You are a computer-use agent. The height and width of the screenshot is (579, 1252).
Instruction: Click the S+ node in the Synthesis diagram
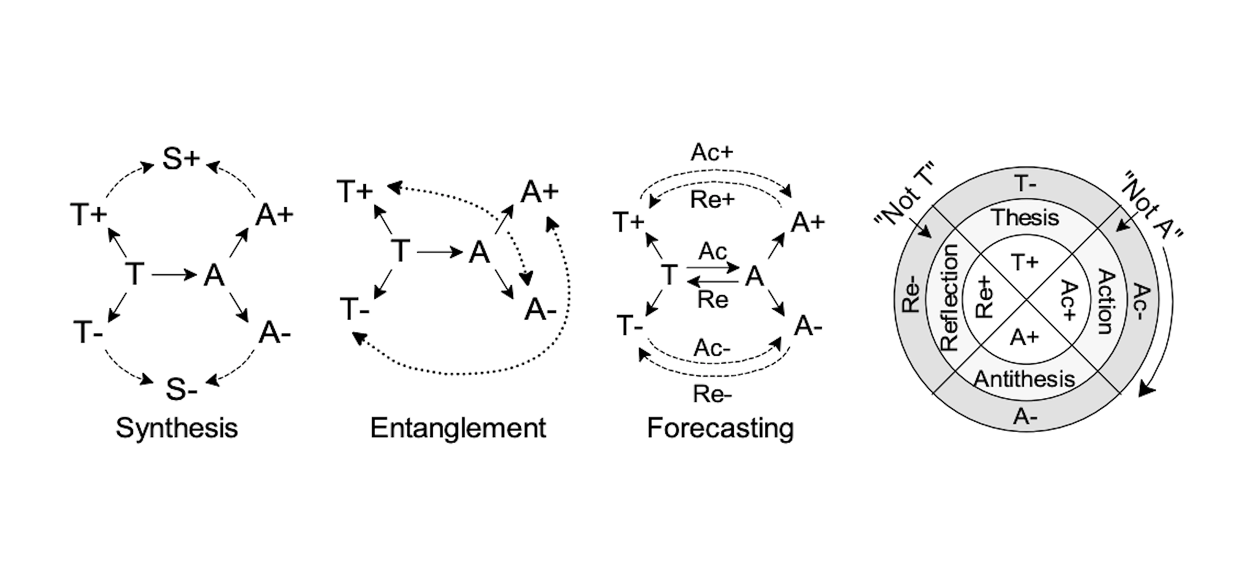tap(181, 159)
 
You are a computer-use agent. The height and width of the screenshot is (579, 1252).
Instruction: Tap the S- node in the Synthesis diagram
tap(181, 389)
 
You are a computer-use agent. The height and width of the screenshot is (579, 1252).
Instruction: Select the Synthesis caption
tap(177, 428)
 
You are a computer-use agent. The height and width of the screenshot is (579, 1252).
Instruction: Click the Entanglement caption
tap(458, 428)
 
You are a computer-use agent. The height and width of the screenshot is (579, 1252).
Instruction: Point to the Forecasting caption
tap(720, 428)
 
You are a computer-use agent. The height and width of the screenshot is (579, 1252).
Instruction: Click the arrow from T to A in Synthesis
tap(174, 275)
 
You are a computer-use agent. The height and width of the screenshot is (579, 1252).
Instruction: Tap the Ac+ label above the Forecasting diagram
tap(712, 152)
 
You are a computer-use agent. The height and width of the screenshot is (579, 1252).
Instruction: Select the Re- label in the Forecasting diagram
tap(712, 394)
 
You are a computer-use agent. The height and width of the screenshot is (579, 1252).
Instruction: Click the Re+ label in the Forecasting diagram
tap(712, 200)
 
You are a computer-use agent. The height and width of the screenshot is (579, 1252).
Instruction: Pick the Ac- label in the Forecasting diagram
tap(712, 348)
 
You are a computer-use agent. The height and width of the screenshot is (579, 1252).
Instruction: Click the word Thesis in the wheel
tap(1026, 217)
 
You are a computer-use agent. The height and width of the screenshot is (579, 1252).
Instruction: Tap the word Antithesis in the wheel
tap(1024, 379)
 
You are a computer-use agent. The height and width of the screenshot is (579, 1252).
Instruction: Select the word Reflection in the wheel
tap(948, 297)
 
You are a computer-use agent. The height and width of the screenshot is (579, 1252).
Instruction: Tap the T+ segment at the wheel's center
tap(1025, 263)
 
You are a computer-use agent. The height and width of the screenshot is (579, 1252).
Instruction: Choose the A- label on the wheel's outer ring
tap(1025, 417)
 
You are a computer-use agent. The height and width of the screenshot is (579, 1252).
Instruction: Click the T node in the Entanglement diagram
tap(400, 251)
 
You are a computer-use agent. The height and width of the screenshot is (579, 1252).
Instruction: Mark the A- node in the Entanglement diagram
tap(540, 310)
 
